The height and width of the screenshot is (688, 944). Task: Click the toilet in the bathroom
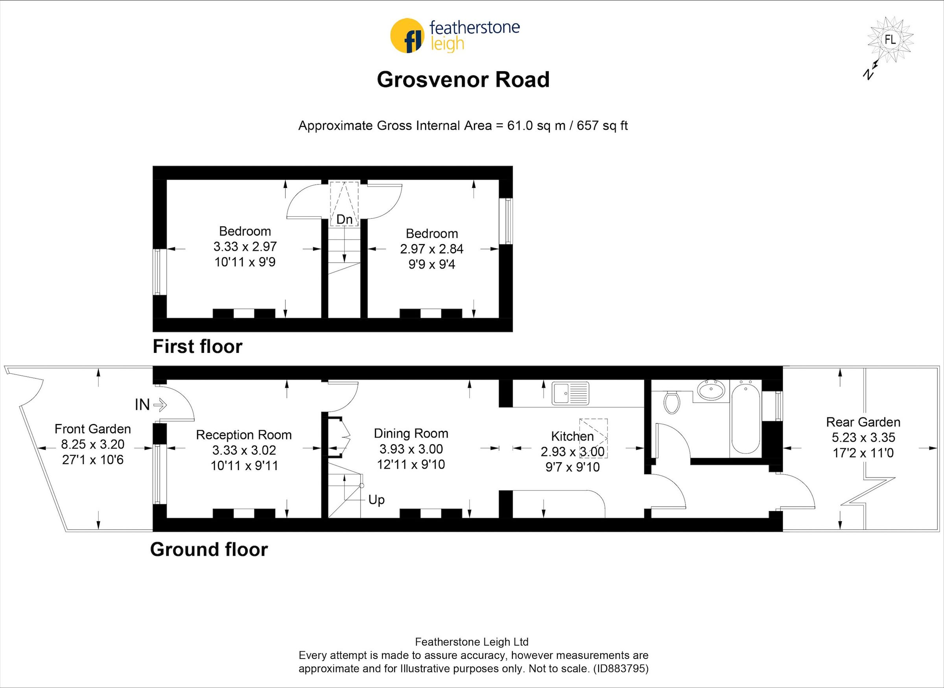click(672, 402)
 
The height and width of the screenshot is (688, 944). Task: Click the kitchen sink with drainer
click(570, 393)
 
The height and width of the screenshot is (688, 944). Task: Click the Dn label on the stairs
click(344, 219)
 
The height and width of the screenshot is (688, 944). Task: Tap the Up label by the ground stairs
click(376, 500)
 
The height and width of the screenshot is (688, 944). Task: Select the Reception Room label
click(243, 435)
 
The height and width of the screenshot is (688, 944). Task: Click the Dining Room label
click(411, 433)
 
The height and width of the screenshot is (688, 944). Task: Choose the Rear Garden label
click(863, 422)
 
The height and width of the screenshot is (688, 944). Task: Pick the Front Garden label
click(92, 429)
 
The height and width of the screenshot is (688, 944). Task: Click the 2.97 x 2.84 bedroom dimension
click(431, 249)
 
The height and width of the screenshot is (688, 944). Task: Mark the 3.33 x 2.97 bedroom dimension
click(245, 247)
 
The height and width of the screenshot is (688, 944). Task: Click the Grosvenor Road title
click(463, 79)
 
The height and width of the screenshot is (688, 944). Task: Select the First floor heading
click(197, 347)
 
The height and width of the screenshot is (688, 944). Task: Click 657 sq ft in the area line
click(602, 126)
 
